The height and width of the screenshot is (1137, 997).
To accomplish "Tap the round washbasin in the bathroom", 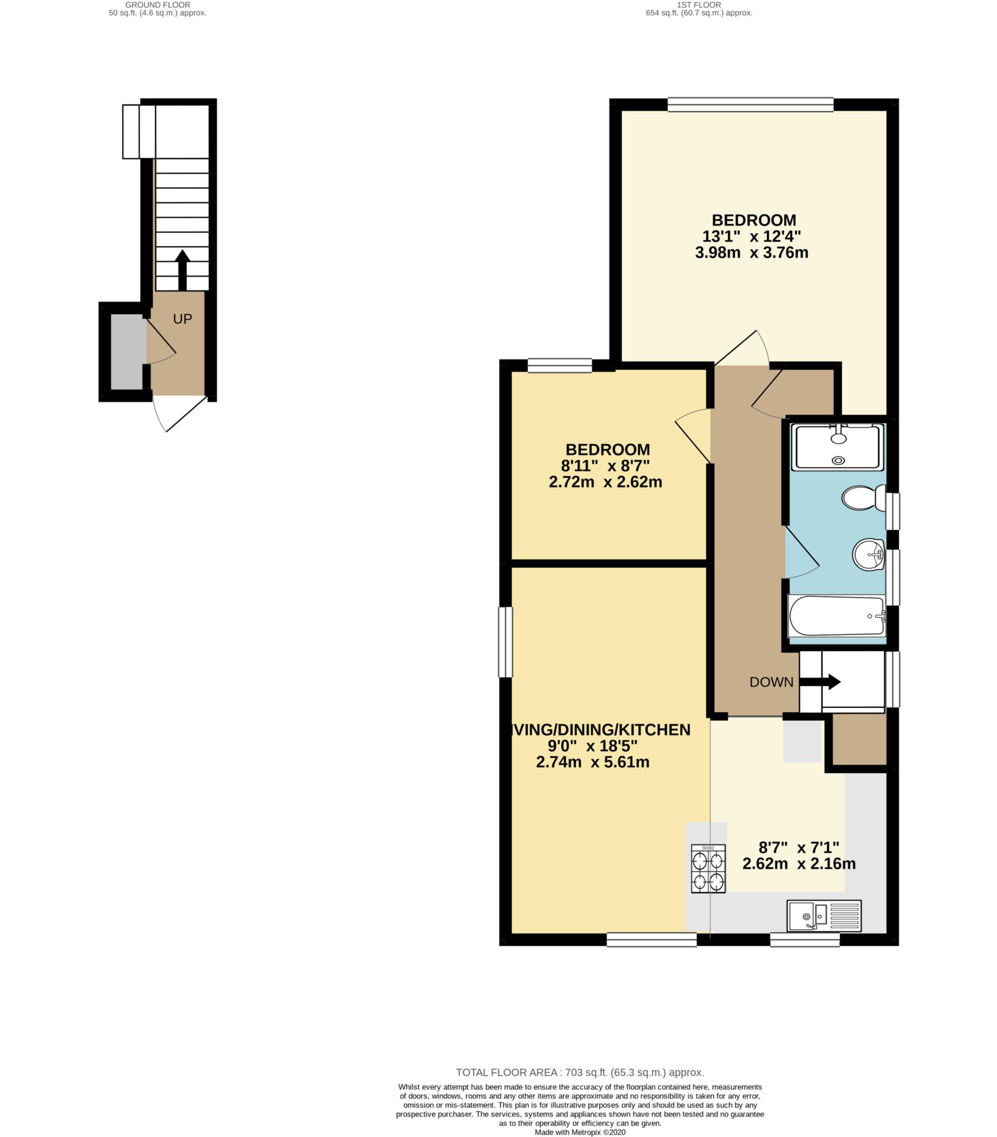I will tap(868, 554).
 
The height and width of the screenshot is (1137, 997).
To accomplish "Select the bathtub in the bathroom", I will tap(836, 616).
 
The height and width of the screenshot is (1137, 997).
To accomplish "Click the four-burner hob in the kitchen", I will tap(708, 868).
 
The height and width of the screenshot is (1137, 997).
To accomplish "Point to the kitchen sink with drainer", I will tap(823, 915).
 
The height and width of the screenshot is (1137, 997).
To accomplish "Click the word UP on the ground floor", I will tap(183, 319).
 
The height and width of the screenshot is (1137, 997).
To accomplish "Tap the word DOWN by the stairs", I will tap(771, 682).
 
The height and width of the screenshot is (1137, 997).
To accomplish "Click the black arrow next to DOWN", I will tap(820, 681).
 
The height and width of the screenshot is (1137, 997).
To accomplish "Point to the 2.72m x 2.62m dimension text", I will tap(605, 482).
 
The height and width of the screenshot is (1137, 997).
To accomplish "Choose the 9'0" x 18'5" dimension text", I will tap(592, 746).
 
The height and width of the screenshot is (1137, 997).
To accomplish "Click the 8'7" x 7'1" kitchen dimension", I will tap(799, 848).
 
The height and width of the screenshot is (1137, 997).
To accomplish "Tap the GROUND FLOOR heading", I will tap(158, 5).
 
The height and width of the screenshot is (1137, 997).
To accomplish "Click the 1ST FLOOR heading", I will tap(699, 5).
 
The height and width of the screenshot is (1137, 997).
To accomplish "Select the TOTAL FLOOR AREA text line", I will tap(580, 1073).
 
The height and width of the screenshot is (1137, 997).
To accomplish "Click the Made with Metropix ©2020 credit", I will tap(580, 1132).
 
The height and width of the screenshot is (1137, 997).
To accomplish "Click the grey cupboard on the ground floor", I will tap(128, 351).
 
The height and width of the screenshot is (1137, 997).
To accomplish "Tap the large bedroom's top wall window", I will tap(750, 104).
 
